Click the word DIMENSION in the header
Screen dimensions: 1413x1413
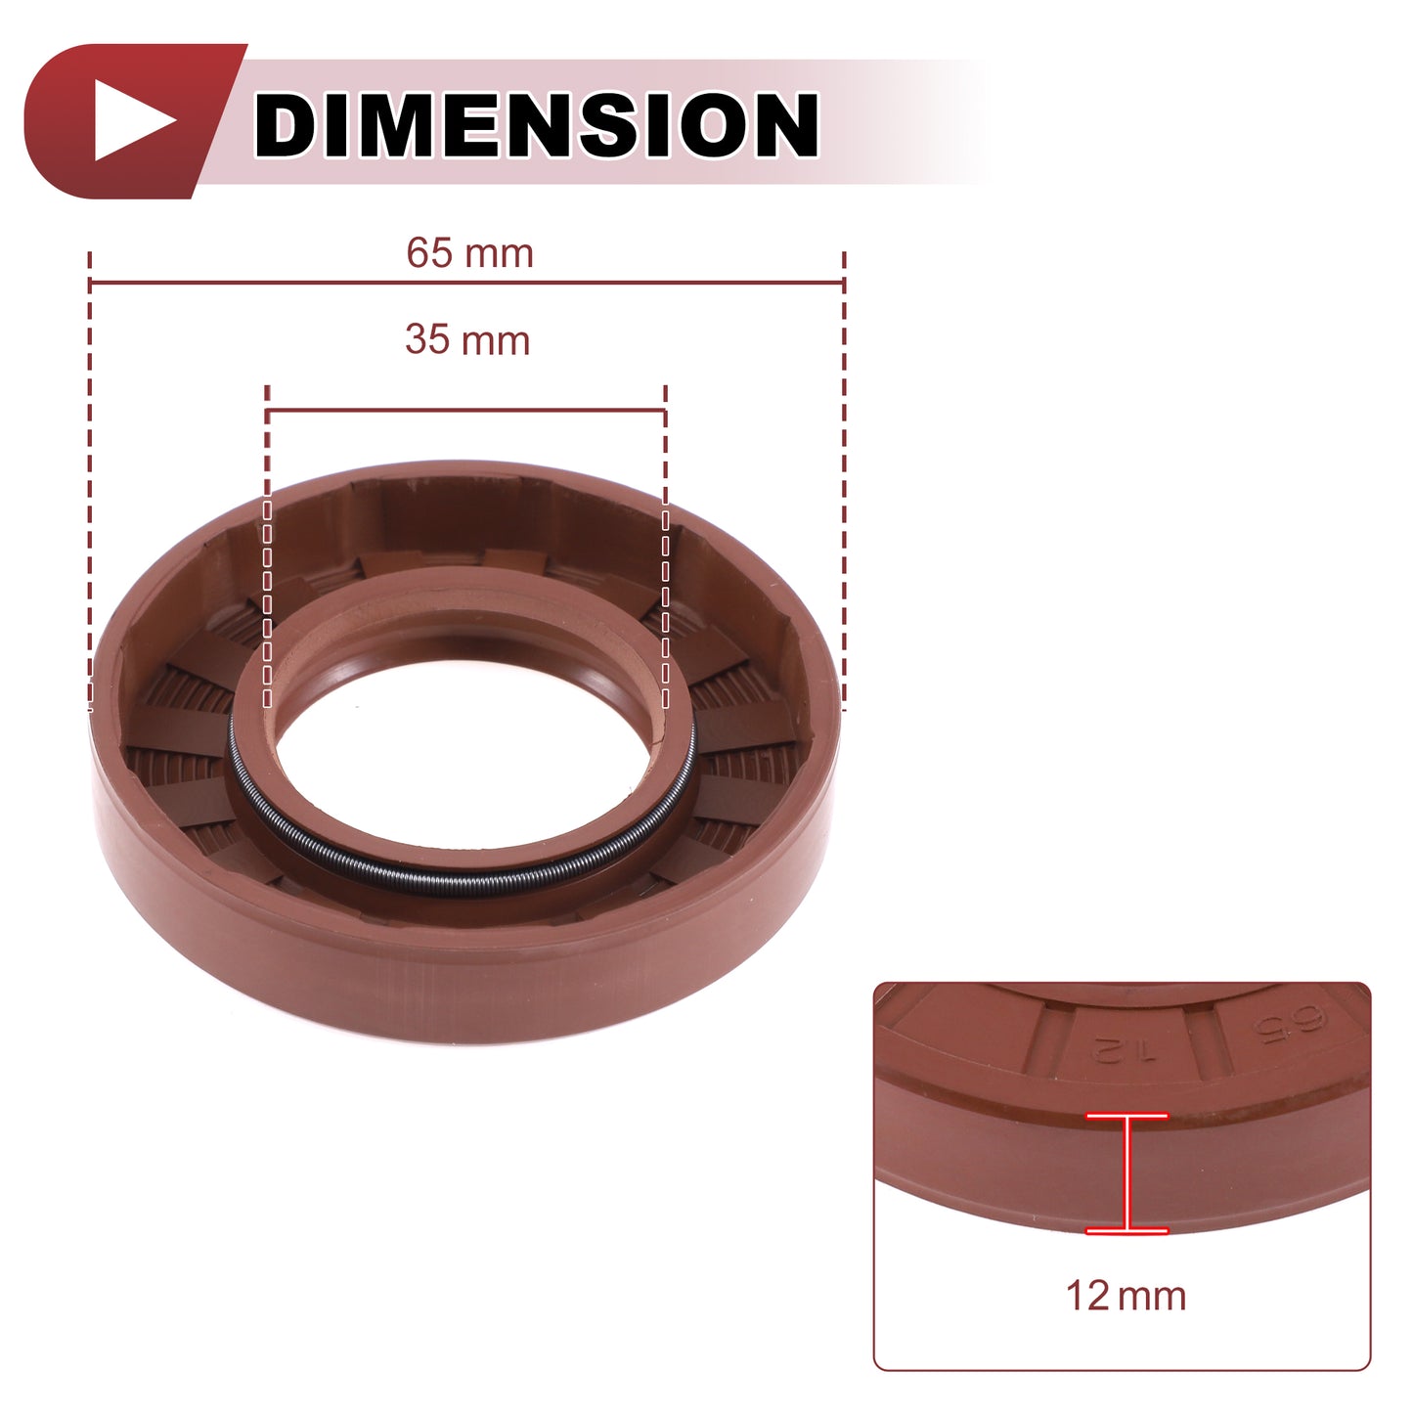tap(536, 124)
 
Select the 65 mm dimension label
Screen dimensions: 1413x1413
tap(470, 253)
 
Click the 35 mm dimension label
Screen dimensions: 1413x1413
tap(467, 340)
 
